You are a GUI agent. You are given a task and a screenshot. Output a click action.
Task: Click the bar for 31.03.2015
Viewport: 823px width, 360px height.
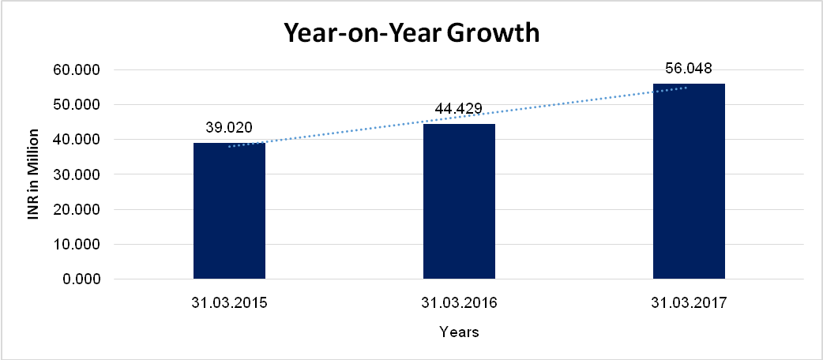point(229,211)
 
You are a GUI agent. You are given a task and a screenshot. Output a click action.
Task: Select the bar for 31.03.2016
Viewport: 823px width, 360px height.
point(459,201)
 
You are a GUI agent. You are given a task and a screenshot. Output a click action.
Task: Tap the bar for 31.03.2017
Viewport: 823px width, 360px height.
point(689,181)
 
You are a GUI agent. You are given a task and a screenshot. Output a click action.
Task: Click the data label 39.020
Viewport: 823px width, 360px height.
point(229,127)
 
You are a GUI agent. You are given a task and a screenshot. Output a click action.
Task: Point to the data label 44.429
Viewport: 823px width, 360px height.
point(459,109)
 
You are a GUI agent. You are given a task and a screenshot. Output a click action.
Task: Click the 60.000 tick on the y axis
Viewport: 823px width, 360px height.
point(77,69)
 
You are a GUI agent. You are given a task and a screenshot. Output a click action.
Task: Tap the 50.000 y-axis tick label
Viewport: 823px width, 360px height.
point(77,105)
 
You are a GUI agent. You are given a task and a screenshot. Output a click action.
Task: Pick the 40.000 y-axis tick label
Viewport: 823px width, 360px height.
point(77,140)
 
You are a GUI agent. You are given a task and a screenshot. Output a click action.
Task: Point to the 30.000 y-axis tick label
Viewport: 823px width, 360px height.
point(77,174)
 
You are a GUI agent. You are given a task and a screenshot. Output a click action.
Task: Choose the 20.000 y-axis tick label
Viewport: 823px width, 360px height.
point(77,209)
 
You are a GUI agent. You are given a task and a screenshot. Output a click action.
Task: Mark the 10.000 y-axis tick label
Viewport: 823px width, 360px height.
point(77,244)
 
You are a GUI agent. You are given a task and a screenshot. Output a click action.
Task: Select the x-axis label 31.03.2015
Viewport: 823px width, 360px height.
point(229,303)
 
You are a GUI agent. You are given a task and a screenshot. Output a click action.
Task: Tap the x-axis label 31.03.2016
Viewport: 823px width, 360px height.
point(459,303)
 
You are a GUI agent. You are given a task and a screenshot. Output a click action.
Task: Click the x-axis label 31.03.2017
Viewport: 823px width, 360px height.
point(689,303)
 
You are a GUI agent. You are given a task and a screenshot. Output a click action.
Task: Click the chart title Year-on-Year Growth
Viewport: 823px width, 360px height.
point(411,33)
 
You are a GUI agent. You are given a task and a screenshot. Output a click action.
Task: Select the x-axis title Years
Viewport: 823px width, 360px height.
point(459,332)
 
